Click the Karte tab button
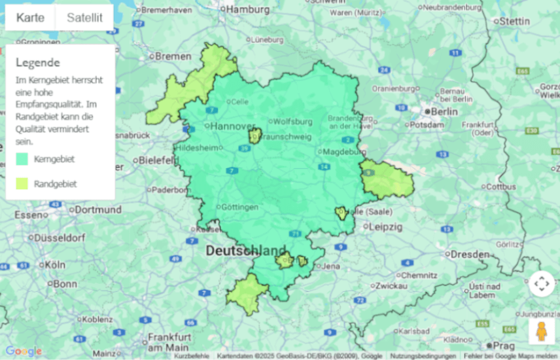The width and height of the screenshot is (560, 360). (30, 18)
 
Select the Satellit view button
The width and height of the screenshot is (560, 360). (84, 18)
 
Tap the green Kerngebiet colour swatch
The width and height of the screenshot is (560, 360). (22, 158)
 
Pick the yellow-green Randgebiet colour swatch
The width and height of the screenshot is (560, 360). (22, 184)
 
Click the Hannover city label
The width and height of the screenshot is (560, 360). (232, 126)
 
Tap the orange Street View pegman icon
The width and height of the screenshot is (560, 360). (541, 332)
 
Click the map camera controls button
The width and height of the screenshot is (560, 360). (541, 284)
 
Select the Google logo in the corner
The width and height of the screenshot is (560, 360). (23, 351)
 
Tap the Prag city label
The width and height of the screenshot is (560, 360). (504, 345)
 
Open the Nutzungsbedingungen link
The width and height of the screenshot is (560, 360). (423, 356)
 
